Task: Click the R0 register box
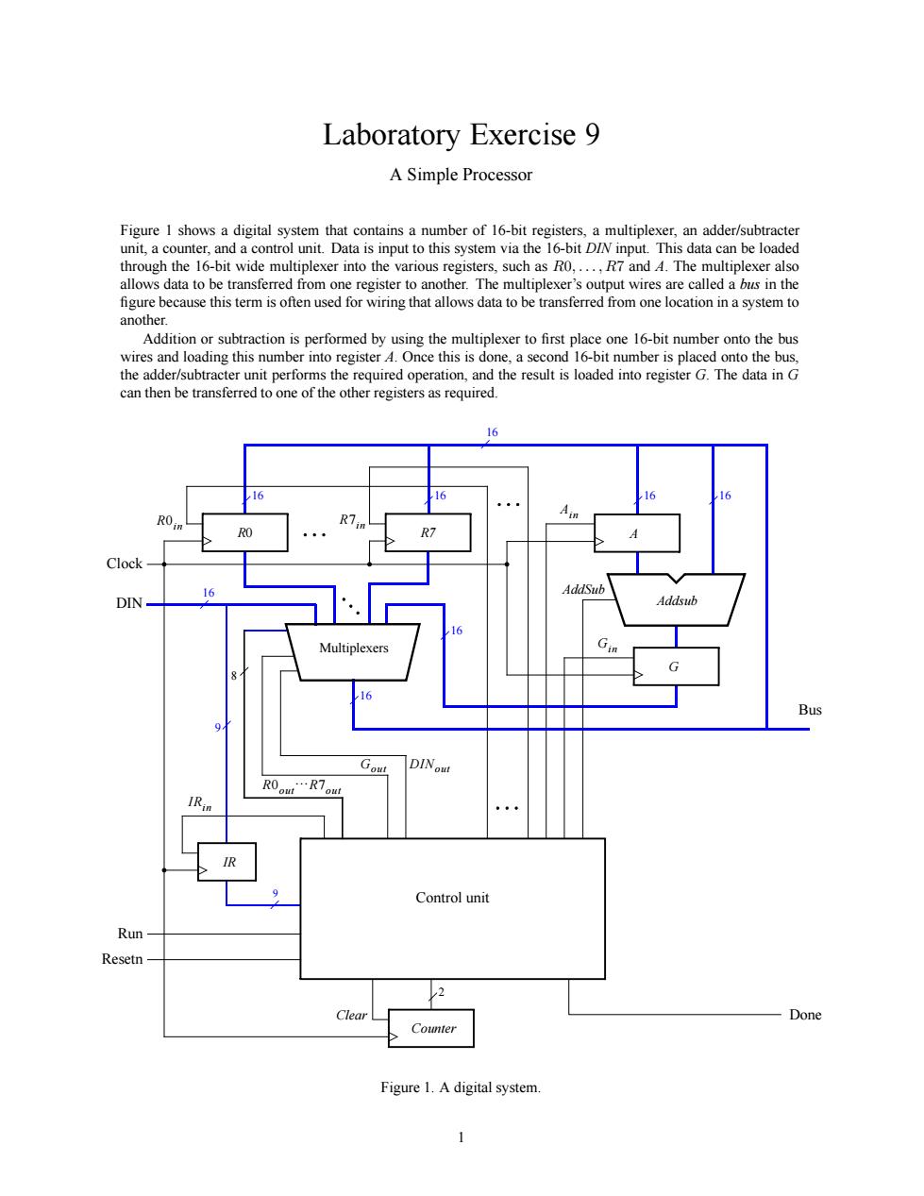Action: coord(244,532)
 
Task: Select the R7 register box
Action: coord(428,532)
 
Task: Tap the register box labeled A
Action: coord(637,532)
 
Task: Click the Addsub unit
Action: coord(677,600)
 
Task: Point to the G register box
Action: coord(676,666)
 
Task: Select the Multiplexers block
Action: coord(353,651)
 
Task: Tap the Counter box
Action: coord(431,1028)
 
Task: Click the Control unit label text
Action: coord(452,898)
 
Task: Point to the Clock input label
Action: coord(125,563)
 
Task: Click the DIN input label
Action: coord(129,603)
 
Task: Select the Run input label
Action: coord(130,934)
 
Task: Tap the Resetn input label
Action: coord(122,959)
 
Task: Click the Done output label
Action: coord(805,1015)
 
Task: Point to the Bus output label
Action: coord(810,710)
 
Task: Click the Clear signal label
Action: coord(351,1015)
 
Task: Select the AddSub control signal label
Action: coord(583,589)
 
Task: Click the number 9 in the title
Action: coord(592,134)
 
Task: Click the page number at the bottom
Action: coord(462,1137)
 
